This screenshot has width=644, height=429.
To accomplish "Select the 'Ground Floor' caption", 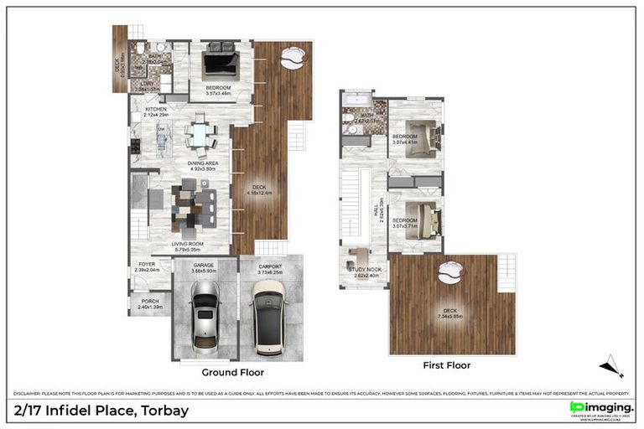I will [233, 372].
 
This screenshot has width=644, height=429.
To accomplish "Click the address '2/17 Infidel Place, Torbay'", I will [101, 411].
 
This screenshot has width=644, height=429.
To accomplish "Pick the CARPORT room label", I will [270, 268].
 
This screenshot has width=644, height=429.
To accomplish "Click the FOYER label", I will [147, 267].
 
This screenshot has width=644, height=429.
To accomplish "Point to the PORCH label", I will [150, 304].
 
